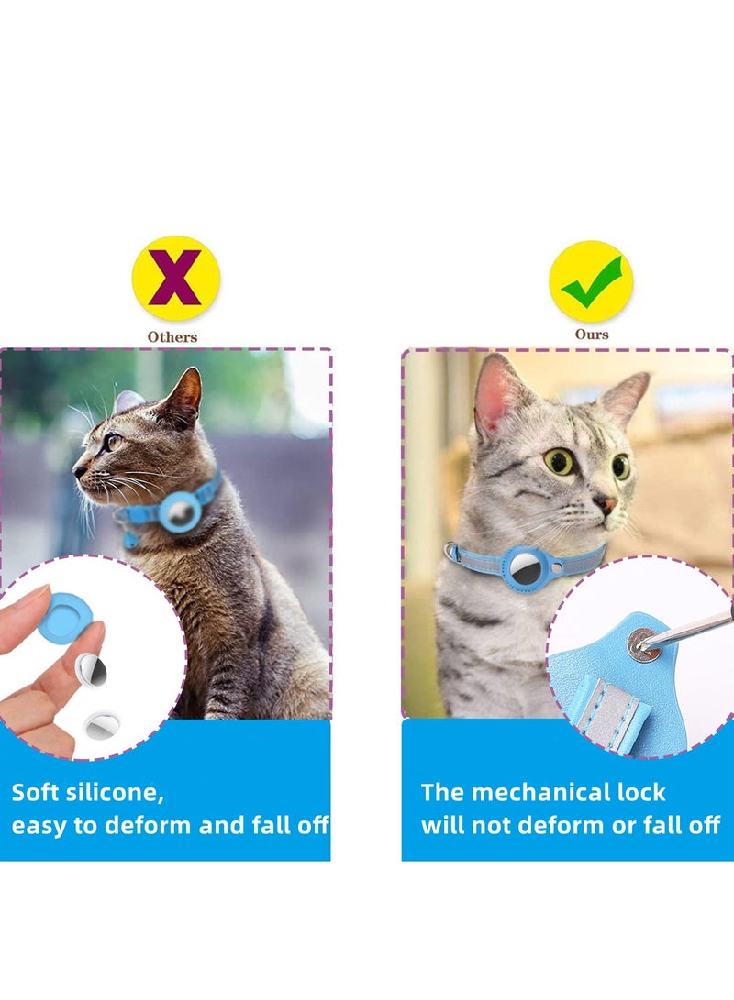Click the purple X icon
(x=175, y=278)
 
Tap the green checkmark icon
(x=591, y=281)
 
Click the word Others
(x=172, y=336)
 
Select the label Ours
(x=592, y=335)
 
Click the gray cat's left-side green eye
(x=558, y=461)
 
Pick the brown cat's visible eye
(x=113, y=442)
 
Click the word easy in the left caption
(x=39, y=825)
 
